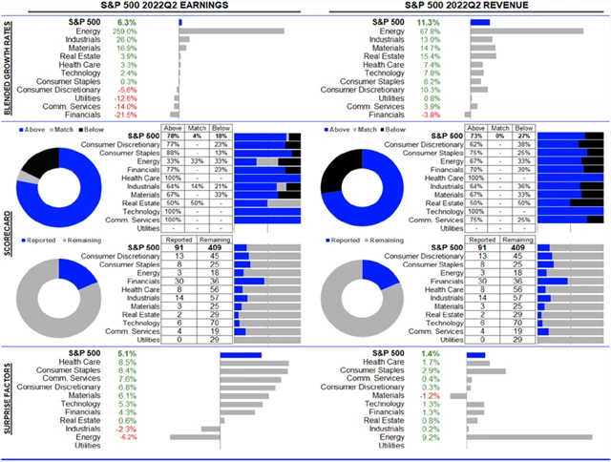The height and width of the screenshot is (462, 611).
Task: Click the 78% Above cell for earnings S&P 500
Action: (175, 136)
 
